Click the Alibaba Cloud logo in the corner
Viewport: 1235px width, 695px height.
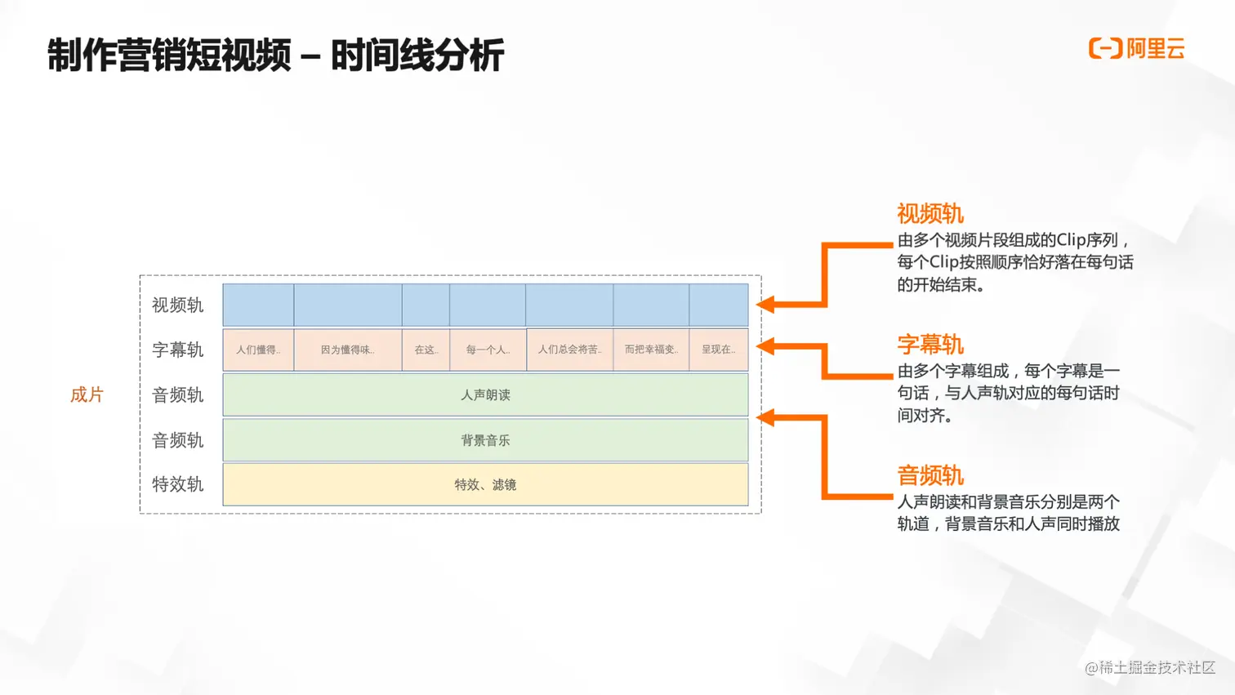[1135, 49]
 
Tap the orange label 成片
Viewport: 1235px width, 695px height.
[87, 395]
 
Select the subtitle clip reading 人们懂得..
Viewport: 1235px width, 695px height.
[258, 350]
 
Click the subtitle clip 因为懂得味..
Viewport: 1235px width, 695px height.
[347, 350]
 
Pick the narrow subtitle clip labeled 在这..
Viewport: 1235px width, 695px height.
[426, 350]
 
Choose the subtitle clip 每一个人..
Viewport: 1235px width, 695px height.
[488, 350]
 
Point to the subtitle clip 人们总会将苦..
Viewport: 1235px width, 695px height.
[569, 350]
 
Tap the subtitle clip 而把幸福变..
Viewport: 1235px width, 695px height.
[651, 350]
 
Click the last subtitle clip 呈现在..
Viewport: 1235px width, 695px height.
[718, 350]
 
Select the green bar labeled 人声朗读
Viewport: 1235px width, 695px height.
[485, 395]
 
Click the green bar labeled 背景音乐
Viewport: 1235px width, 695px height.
[485, 440]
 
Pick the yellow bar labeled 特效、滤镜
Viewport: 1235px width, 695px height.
[485, 484]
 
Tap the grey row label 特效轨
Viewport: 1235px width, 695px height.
[177, 484]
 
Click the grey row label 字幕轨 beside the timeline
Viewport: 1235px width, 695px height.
[177, 350]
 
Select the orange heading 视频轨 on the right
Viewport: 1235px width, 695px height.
[930, 214]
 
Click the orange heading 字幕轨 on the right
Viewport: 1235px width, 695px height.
[930, 345]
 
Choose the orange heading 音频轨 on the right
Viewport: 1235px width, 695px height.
[930, 475]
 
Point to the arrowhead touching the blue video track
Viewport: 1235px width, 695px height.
[765, 305]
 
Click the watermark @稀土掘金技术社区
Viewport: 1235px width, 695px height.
[1150, 667]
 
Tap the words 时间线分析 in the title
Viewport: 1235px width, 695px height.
[417, 56]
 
